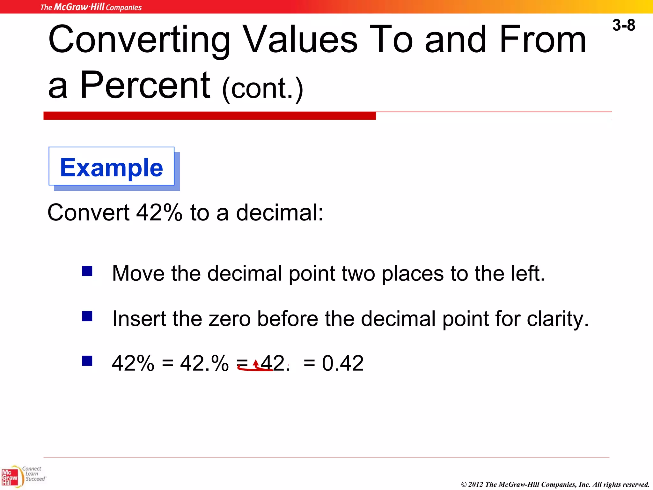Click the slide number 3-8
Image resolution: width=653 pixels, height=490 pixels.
tap(623, 25)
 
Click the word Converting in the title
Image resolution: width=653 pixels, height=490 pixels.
tap(139, 40)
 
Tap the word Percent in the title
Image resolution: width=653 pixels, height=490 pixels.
tap(145, 85)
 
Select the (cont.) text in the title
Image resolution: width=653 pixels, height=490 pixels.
tap(262, 89)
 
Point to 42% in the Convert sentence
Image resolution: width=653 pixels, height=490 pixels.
tap(159, 213)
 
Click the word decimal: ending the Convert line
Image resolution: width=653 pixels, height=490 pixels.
tap(280, 213)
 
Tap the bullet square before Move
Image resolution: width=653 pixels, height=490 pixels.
tap(87, 271)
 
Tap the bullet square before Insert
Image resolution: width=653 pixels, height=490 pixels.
tap(87, 316)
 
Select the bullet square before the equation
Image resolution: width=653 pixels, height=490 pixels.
tap(87, 361)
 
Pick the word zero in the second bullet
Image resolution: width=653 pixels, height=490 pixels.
tap(230, 319)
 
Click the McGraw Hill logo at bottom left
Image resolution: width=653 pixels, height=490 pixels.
tap(10, 477)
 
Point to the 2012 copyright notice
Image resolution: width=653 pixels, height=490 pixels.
tap(555, 484)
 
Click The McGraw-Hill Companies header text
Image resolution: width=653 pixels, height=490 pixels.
tap(91, 7)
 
